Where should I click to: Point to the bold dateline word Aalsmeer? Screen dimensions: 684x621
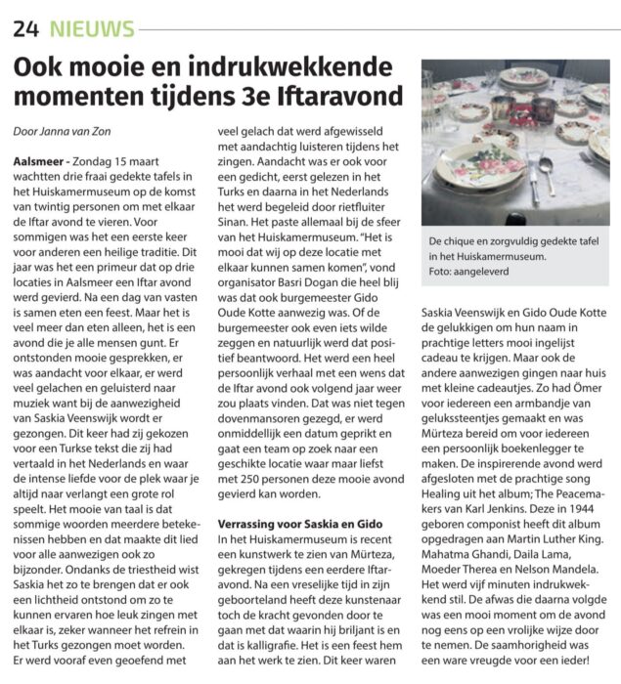(40, 159)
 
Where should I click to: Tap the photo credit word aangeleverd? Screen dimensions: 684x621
(495, 278)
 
